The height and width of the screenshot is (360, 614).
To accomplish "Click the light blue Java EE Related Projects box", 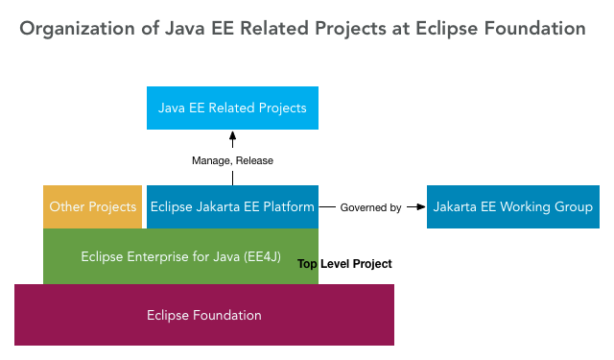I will [232, 108].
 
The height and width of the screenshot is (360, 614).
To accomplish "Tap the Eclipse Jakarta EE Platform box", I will [232, 206].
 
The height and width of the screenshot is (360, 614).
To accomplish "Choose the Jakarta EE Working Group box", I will [512, 206].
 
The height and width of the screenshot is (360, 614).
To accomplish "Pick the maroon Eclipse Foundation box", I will [203, 315].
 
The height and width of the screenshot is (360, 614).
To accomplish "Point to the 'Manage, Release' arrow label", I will [231, 160].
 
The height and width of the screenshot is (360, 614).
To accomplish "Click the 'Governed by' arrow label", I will [370, 207].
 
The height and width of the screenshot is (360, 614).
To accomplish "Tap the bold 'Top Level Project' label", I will [344, 264].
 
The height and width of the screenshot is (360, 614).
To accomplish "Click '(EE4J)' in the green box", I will [256, 256].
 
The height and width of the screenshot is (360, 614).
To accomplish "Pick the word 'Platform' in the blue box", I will [289, 206].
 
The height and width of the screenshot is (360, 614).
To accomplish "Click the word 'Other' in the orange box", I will [67, 206].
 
